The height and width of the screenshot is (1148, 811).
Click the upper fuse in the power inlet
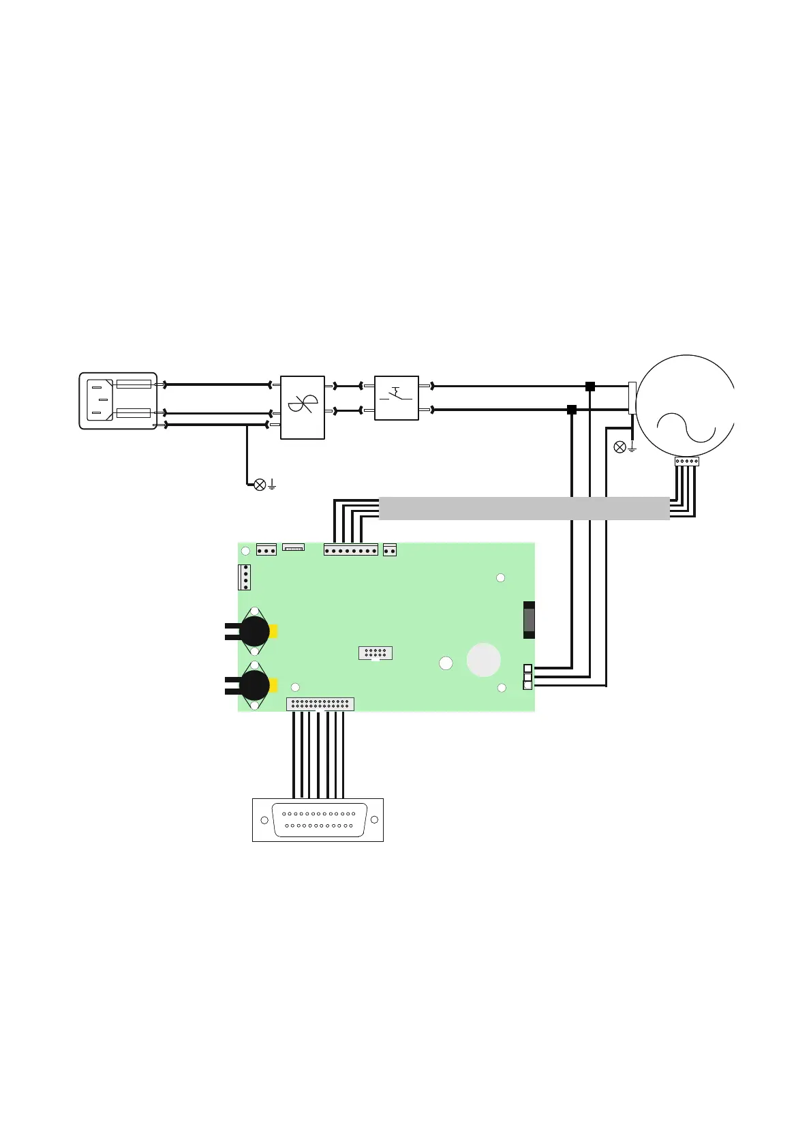pyautogui.click(x=134, y=384)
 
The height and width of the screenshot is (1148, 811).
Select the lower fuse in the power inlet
pyautogui.click(x=134, y=412)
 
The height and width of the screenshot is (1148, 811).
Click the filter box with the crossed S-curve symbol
pyautogui.click(x=303, y=407)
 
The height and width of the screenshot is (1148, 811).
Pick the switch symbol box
pyautogui.click(x=397, y=397)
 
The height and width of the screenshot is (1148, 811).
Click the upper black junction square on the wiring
pyautogui.click(x=590, y=386)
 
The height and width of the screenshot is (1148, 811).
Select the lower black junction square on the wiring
pyautogui.click(x=572, y=410)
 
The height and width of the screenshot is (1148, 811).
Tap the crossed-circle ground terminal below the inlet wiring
pyautogui.click(x=260, y=485)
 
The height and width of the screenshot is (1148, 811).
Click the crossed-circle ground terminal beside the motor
pyautogui.click(x=619, y=447)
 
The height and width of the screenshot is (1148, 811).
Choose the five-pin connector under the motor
pyautogui.click(x=686, y=462)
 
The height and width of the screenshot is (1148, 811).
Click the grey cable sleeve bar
pyautogui.click(x=523, y=509)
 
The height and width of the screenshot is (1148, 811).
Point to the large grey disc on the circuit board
pyautogui.click(x=484, y=660)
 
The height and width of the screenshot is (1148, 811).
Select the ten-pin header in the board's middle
pyautogui.click(x=376, y=653)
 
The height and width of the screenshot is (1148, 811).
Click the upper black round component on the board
pyautogui.click(x=255, y=631)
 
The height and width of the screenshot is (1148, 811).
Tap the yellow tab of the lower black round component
pyautogui.click(x=274, y=685)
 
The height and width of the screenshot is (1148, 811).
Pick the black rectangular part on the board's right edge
pyautogui.click(x=529, y=620)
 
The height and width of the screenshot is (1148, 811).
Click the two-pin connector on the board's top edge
pyautogui.click(x=390, y=549)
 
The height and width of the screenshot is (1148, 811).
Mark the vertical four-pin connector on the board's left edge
pyautogui.click(x=245, y=577)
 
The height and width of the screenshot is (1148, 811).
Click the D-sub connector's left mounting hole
pyautogui.click(x=264, y=820)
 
